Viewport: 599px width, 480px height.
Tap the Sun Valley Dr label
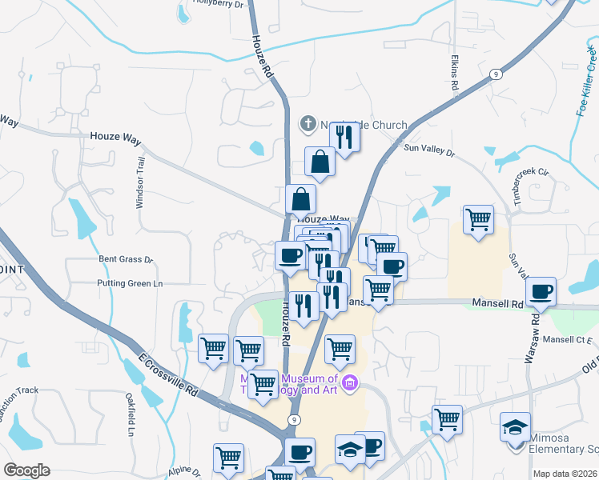coord(428,149)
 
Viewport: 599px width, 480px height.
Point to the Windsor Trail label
coord(139,183)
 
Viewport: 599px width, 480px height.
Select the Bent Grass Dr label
coord(125,259)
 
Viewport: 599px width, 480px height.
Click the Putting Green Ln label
coord(129,283)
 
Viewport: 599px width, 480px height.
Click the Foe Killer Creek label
coord(587,81)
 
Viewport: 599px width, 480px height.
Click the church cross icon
coord(308,124)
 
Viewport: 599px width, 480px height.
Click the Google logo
coord(26,470)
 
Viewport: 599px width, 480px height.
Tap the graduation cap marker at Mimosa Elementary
coord(515,426)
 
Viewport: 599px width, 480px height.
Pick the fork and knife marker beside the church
coord(344,136)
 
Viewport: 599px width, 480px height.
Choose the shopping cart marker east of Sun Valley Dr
coord(478,218)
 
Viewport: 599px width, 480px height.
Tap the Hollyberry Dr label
coord(217,4)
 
